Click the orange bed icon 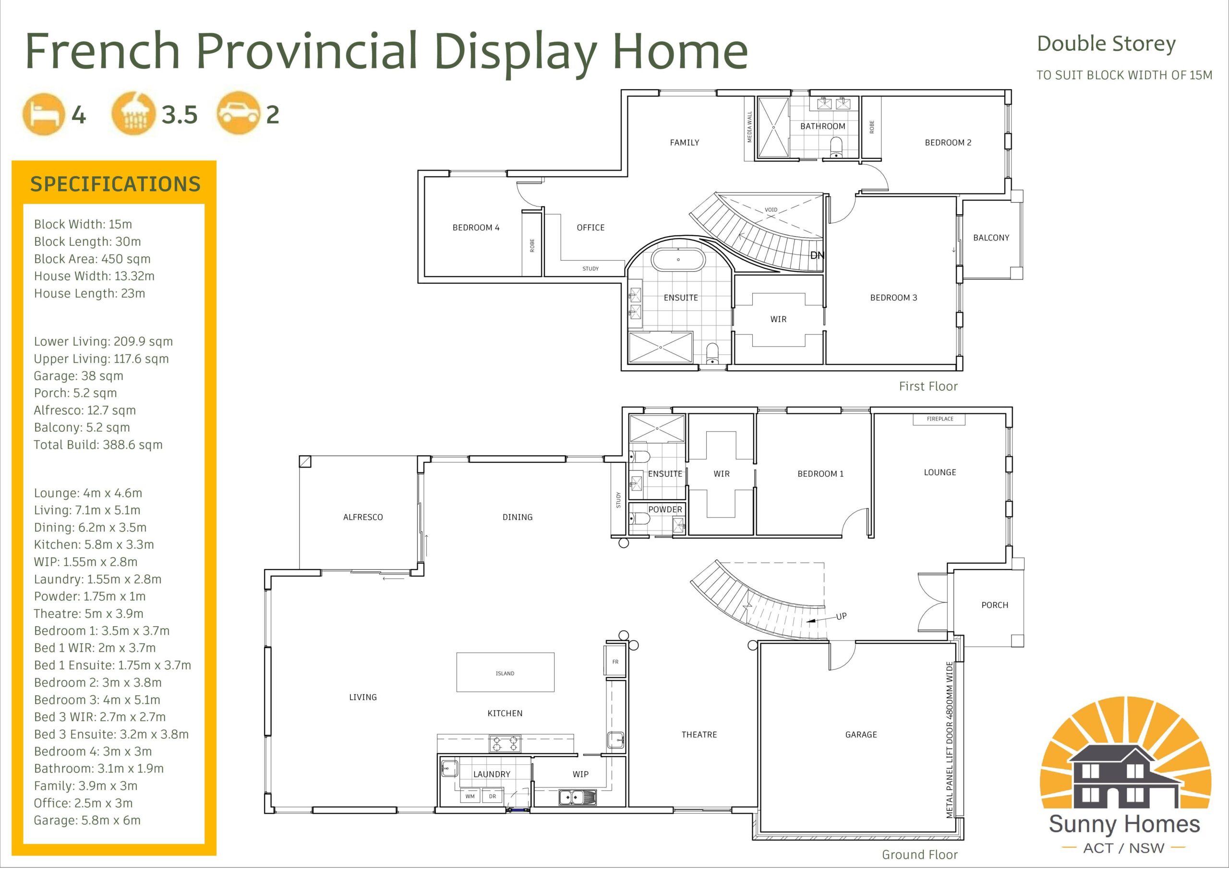coord(43,114)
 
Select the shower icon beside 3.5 coord(134,114)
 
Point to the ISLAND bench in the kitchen coord(505,672)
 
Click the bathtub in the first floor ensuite coord(678,260)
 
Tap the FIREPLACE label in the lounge coord(940,419)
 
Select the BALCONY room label coord(991,238)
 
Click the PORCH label coord(995,605)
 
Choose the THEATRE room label coord(699,735)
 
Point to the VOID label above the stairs coord(771,210)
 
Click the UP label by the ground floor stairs coord(842,616)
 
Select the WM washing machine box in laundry coord(470,796)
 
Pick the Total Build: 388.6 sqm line coord(98,445)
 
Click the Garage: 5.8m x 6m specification coord(87,821)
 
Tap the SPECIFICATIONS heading coord(115,184)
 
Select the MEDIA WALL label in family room coord(749,127)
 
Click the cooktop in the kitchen coord(505,744)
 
